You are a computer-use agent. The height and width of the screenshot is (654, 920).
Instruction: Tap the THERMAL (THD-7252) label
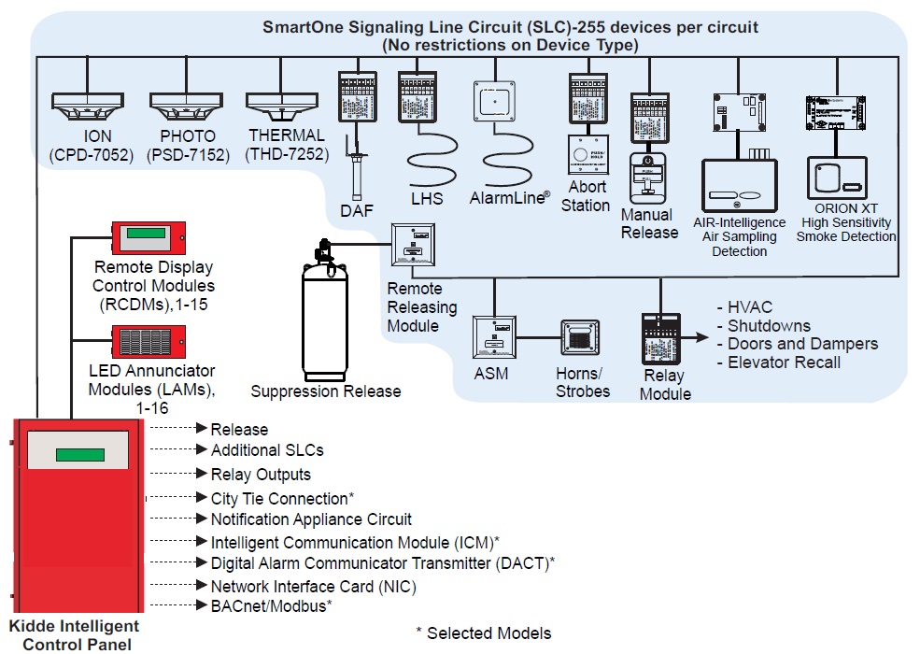pyautogui.click(x=286, y=145)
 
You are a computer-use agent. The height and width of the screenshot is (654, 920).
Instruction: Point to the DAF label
pyautogui.click(x=357, y=211)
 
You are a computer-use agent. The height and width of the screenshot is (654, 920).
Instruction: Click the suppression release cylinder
pyautogui.click(x=324, y=318)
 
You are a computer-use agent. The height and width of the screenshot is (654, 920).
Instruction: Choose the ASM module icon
pyautogui.click(x=494, y=339)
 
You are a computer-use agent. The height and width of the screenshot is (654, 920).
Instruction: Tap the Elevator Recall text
pyautogui.click(x=784, y=363)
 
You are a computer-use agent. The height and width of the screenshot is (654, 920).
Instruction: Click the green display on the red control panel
pyautogui.click(x=79, y=455)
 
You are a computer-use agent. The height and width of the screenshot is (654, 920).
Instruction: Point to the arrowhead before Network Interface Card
pyautogui.click(x=201, y=587)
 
